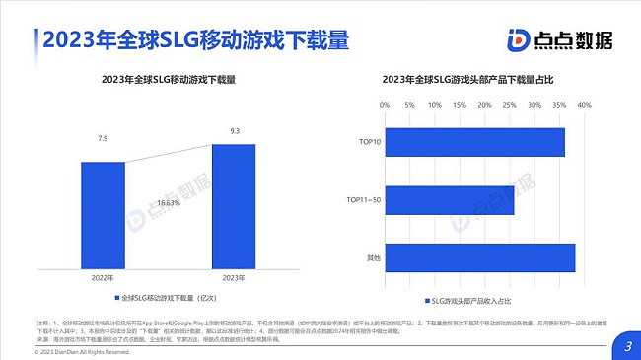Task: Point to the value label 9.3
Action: tap(233, 129)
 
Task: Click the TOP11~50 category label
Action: tap(363, 200)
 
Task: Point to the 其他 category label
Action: tap(373, 258)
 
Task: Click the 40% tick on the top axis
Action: tap(584, 106)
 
